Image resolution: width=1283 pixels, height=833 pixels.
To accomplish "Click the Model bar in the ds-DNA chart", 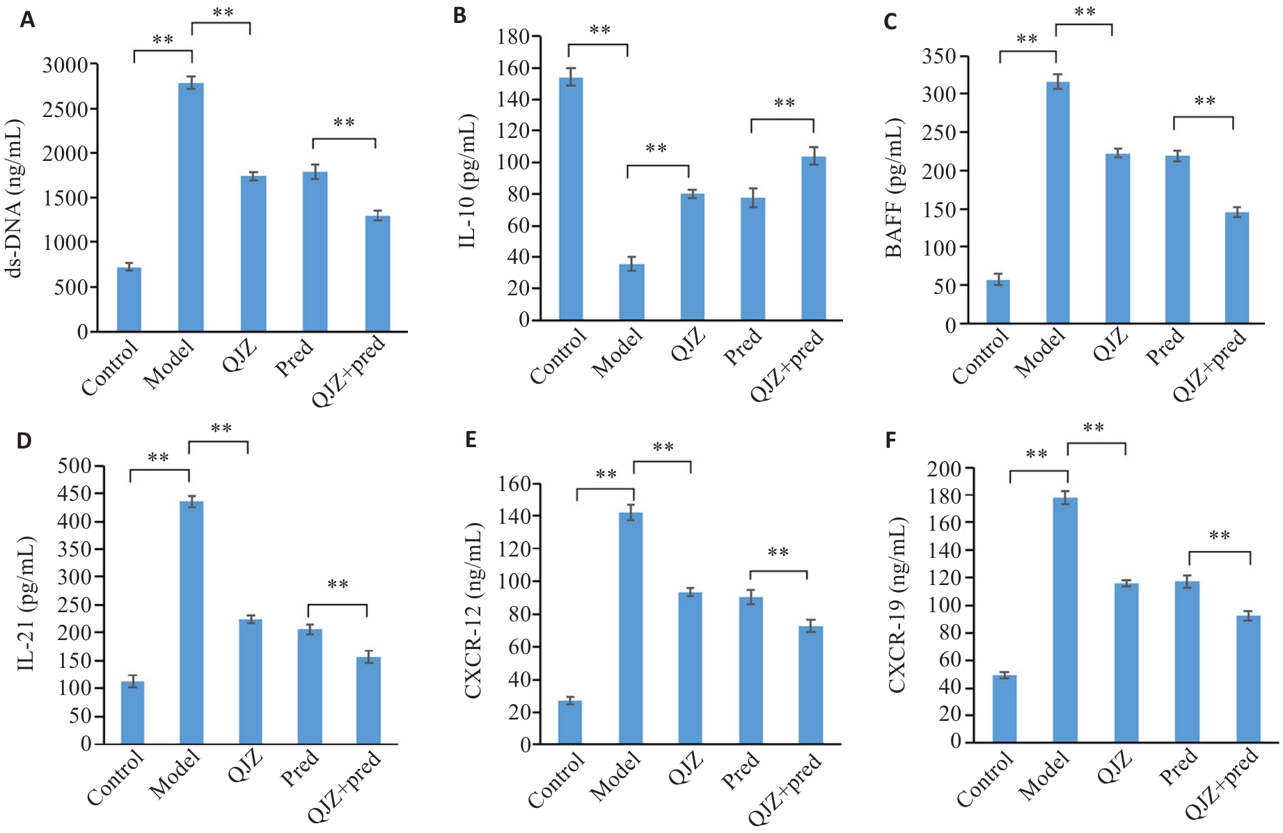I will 191,207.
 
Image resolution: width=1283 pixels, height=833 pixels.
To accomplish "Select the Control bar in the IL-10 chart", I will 572,199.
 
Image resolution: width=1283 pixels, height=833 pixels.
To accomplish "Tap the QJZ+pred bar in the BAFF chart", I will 1237,268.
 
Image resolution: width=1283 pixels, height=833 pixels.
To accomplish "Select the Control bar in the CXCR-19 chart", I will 1005,708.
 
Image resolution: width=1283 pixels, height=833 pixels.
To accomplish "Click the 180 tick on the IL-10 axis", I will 514,36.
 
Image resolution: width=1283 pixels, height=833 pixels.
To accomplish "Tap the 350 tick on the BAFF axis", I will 939,56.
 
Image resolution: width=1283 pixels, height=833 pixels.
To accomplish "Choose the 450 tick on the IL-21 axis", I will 75,494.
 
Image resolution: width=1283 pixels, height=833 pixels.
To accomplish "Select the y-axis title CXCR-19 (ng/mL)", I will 897,605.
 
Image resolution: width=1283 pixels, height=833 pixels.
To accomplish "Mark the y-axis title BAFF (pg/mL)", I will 894,188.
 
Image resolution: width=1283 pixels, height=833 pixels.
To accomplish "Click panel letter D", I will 24,441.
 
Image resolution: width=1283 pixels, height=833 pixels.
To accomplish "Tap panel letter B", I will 459,16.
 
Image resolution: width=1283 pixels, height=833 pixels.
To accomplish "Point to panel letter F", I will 890,441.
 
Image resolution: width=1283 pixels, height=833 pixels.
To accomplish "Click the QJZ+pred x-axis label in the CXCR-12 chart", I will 785,789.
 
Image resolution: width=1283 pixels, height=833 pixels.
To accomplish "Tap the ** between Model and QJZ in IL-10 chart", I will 656,149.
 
